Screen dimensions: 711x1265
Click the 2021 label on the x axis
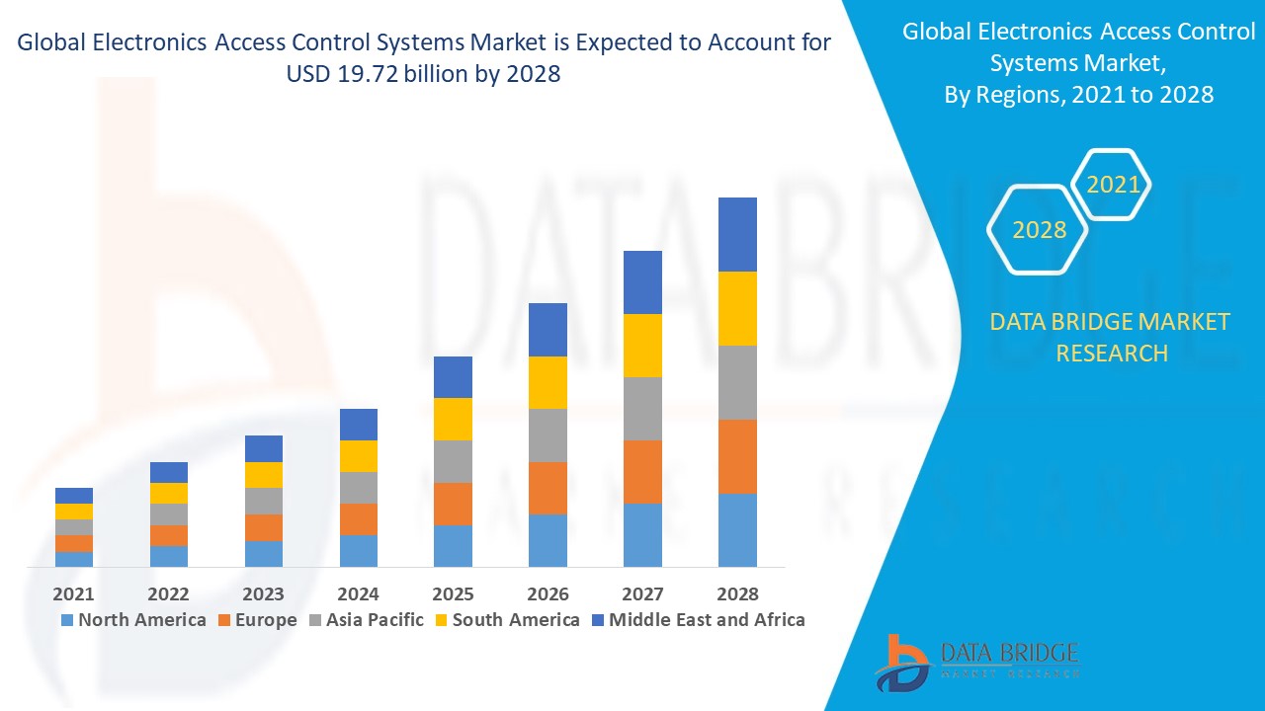coord(74,593)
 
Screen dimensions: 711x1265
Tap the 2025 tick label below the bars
coord(453,593)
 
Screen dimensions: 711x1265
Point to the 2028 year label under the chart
coord(737,593)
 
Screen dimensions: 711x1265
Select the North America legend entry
coord(133,620)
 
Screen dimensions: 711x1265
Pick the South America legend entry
coord(506,620)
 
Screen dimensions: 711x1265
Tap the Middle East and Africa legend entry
coord(698,620)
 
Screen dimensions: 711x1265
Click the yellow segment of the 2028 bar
coord(737,308)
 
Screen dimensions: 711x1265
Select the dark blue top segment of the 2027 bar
coord(642,282)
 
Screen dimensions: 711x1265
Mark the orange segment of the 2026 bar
coord(548,488)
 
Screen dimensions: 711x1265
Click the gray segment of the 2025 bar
coord(453,461)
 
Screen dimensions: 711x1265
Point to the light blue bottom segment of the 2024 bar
coord(359,551)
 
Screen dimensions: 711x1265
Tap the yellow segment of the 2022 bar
coord(169,493)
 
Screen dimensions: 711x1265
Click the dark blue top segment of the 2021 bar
coord(74,496)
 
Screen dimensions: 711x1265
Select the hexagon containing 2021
coord(1113,185)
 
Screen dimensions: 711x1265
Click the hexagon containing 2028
coord(1039,229)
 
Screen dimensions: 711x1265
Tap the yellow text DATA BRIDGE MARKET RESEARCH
coord(1111,337)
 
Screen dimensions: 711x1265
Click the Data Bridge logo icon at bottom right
coord(901,662)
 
